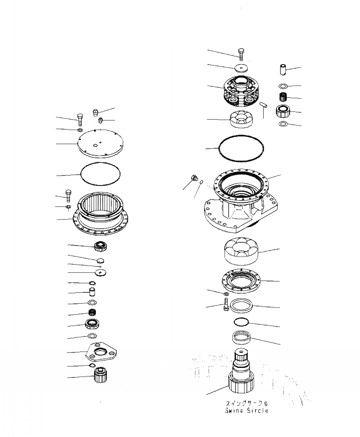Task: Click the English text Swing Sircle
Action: (x=246, y=411)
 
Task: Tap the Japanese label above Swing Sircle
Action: (x=246, y=403)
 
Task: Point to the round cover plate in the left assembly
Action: (x=100, y=144)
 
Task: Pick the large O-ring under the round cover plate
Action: (x=100, y=174)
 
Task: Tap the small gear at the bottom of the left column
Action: (x=100, y=376)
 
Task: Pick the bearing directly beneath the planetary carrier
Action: (x=242, y=119)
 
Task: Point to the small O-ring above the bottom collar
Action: (x=240, y=322)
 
